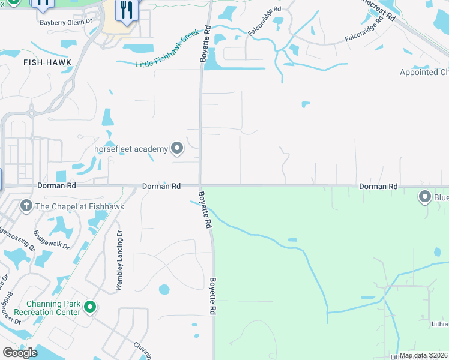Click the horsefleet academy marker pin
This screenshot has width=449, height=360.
[177, 148]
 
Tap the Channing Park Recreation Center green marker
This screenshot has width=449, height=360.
[90, 308]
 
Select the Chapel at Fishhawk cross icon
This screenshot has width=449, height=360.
[26, 206]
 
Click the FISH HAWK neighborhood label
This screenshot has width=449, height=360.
[47, 62]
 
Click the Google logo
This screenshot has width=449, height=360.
[20, 353]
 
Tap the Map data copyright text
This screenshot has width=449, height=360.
[423, 355]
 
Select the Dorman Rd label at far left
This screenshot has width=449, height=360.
[58, 187]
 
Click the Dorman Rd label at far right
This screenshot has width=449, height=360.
[378, 187]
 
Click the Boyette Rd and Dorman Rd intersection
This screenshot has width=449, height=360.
[200, 186]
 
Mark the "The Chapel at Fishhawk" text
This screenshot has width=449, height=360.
[80, 206]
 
